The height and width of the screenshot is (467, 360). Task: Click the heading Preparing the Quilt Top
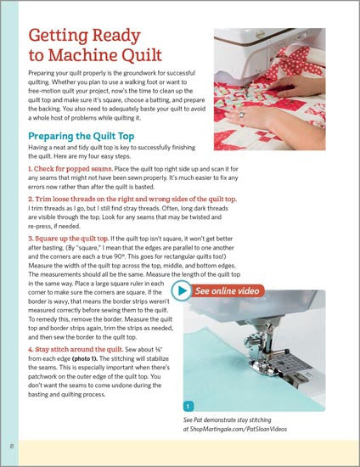point(81,136)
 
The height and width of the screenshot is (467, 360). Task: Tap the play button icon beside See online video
point(182,290)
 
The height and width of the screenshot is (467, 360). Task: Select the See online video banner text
point(228,290)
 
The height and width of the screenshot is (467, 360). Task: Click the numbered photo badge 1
point(188,406)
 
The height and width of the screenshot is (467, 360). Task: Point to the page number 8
point(12,446)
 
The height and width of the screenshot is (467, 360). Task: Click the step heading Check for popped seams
point(70,169)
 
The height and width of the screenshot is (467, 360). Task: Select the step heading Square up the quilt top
point(68,239)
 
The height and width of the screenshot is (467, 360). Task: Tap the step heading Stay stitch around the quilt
point(76,349)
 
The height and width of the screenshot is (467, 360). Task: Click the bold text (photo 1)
point(85,358)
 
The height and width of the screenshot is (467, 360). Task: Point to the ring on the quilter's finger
point(242,115)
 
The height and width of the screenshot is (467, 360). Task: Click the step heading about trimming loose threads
point(132,199)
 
